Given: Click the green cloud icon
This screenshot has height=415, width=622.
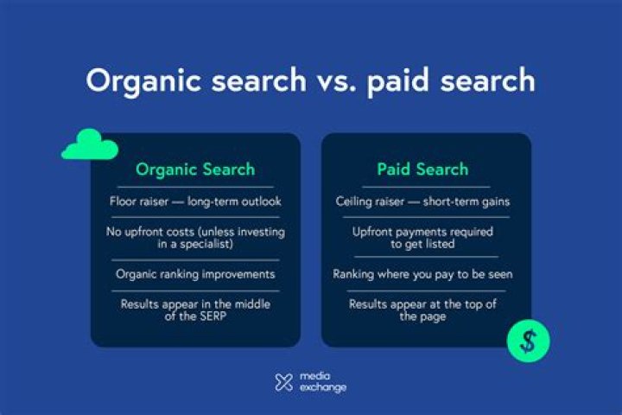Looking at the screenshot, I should pyautogui.click(x=89, y=146).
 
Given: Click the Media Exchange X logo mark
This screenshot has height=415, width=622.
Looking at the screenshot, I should pyautogui.click(x=283, y=382).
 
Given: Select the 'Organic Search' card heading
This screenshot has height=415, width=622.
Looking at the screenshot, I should pyautogui.click(x=195, y=169).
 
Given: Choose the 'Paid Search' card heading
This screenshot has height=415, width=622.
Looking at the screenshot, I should pyautogui.click(x=422, y=169).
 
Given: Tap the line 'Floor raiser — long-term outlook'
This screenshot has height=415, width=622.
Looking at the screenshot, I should pyautogui.click(x=195, y=201).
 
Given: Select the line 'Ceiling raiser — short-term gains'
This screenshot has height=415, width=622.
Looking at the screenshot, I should pyautogui.click(x=422, y=201).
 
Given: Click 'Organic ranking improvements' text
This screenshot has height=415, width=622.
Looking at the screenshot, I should pyautogui.click(x=195, y=274).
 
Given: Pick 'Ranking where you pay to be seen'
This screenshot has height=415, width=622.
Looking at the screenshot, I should pyautogui.click(x=422, y=274).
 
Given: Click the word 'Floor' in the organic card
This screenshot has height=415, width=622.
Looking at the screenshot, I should pyautogui.click(x=125, y=201).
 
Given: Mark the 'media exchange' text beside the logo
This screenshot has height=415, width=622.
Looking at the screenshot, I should pyautogui.click(x=322, y=382).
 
